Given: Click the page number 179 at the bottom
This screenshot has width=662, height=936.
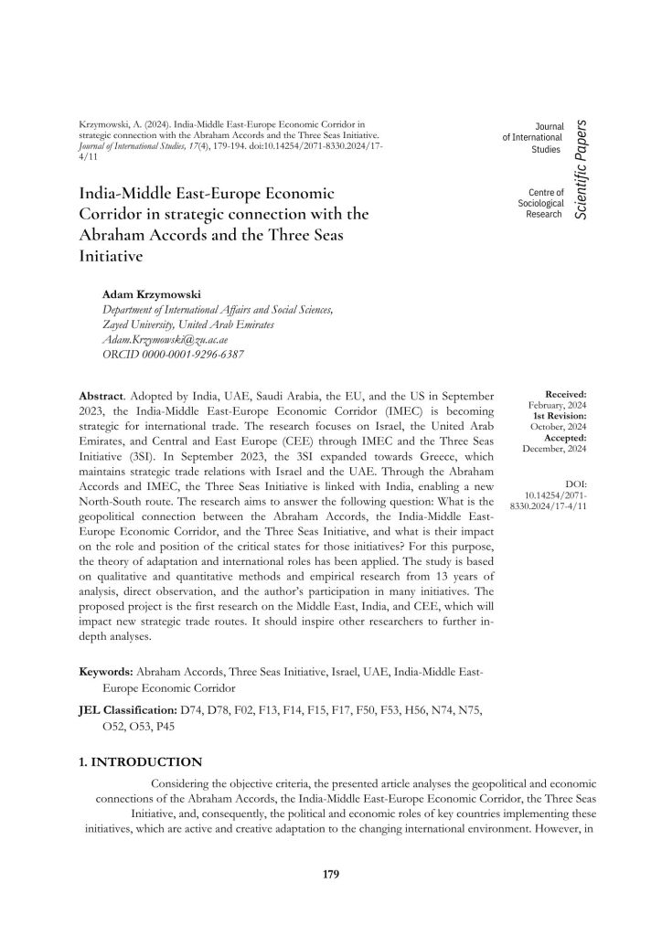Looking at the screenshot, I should pyautogui.click(x=331, y=875).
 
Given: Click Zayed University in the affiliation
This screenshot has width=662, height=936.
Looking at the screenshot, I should pyautogui.click(x=142, y=324).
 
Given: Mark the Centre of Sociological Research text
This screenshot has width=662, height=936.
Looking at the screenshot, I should pyautogui.click(x=539, y=203).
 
